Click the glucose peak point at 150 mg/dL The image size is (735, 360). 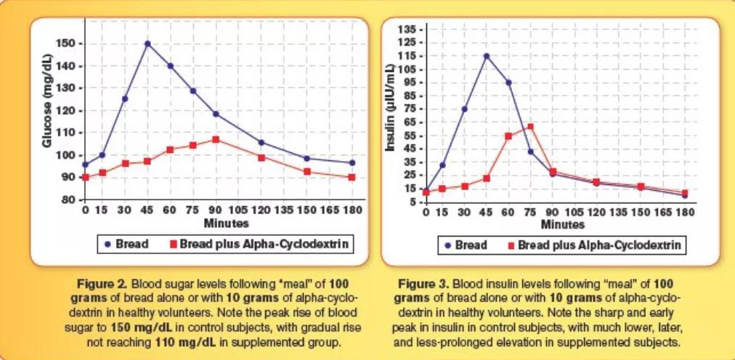[147, 44]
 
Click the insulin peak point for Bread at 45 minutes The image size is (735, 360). [486, 56]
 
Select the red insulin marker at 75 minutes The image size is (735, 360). [530, 126]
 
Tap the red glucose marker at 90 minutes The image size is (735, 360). [216, 139]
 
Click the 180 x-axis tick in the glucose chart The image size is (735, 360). [352, 210]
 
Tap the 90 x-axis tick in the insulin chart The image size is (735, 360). [552, 213]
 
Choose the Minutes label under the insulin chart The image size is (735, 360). [562, 225]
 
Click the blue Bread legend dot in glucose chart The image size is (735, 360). [107, 245]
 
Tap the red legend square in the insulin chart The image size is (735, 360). [512, 245]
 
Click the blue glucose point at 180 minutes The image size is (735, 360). [352, 163]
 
